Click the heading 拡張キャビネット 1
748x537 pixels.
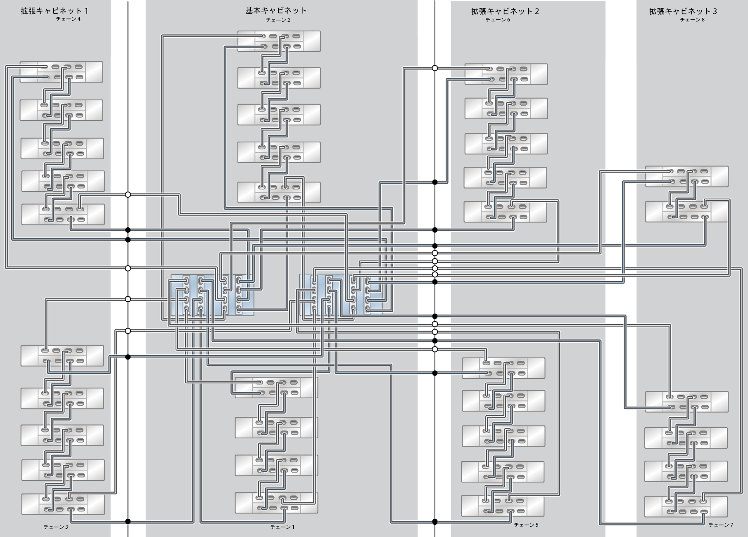[x=54, y=11]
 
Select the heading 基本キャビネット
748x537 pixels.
[x=276, y=10]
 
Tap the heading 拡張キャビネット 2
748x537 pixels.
[x=505, y=11]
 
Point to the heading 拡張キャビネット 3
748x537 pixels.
[x=683, y=11]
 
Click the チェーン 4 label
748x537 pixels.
[x=68, y=19]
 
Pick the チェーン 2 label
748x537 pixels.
[x=278, y=20]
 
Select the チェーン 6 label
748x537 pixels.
[x=497, y=20]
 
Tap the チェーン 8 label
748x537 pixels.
[x=692, y=20]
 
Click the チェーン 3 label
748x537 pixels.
[x=56, y=527]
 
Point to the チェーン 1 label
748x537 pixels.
[x=283, y=527]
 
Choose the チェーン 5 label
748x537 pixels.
[x=526, y=525]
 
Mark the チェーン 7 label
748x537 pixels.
[x=721, y=525]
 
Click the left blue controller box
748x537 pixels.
[x=212, y=295]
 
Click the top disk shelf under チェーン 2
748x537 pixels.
[x=279, y=41]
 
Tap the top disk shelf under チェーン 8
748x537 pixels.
[x=686, y=176]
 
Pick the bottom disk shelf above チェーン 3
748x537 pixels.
[x=63, y=504]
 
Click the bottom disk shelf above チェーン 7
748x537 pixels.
[x=686, y=506]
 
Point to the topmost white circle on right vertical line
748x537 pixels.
[x=435, y=68]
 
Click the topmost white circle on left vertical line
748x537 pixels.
[x=128, y=194]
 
